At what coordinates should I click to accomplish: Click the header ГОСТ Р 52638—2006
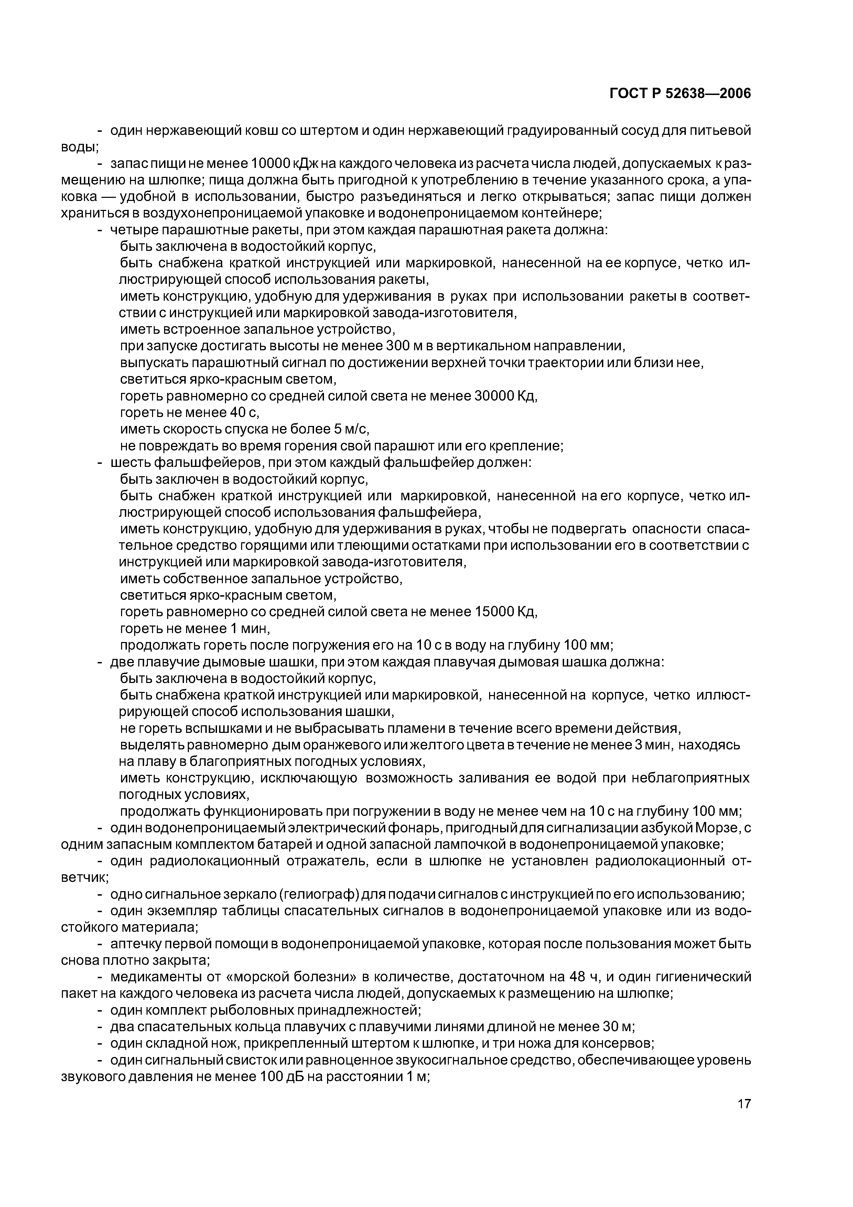click(x=680, y=94)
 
